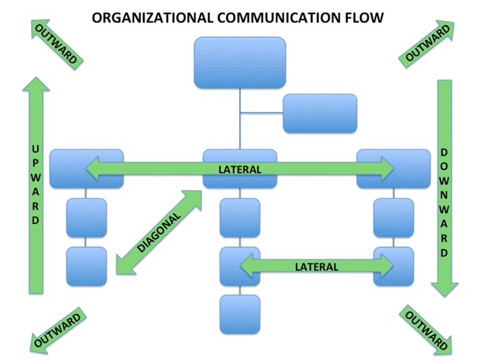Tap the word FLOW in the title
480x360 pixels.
tap(366, 16)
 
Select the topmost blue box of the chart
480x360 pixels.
tap(240, 63)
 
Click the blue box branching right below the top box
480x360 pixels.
tap(320, 113)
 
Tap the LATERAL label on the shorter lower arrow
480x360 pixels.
tap(316, 266)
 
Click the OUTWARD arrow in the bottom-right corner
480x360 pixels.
tap(424, 330)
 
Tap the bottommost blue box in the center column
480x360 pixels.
tap(240, 314)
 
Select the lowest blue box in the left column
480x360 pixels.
tap(86, 266)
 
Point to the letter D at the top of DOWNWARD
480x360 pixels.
tap(443, 151)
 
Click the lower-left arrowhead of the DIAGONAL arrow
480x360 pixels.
tap(121, 270)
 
